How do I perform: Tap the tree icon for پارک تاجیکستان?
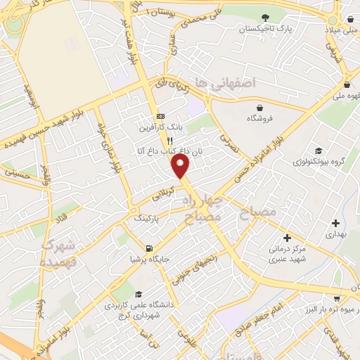(264, 18)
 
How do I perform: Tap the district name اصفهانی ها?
(224, 84)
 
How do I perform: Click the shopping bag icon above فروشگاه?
(260, 108)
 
